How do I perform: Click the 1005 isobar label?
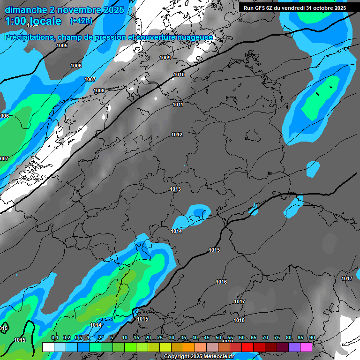point(62,45)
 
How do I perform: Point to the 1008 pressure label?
point(99,90)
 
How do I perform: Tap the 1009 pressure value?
point(165,58)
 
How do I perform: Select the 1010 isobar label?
point(179,75)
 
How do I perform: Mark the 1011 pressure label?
point(178,105)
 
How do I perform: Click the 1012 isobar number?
point(177,135)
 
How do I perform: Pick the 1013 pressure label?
point(175,189)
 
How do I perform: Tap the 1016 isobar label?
point(221,282)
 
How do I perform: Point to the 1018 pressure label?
point(239,320)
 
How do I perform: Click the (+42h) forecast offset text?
point(81,21)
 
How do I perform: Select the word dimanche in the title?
point(23,10)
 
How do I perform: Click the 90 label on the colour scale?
point(312,338)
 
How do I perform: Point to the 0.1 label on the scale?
point(54,338)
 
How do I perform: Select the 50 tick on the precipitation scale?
point(218,338)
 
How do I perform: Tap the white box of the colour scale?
point(48,347)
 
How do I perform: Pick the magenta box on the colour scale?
point(306,347)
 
